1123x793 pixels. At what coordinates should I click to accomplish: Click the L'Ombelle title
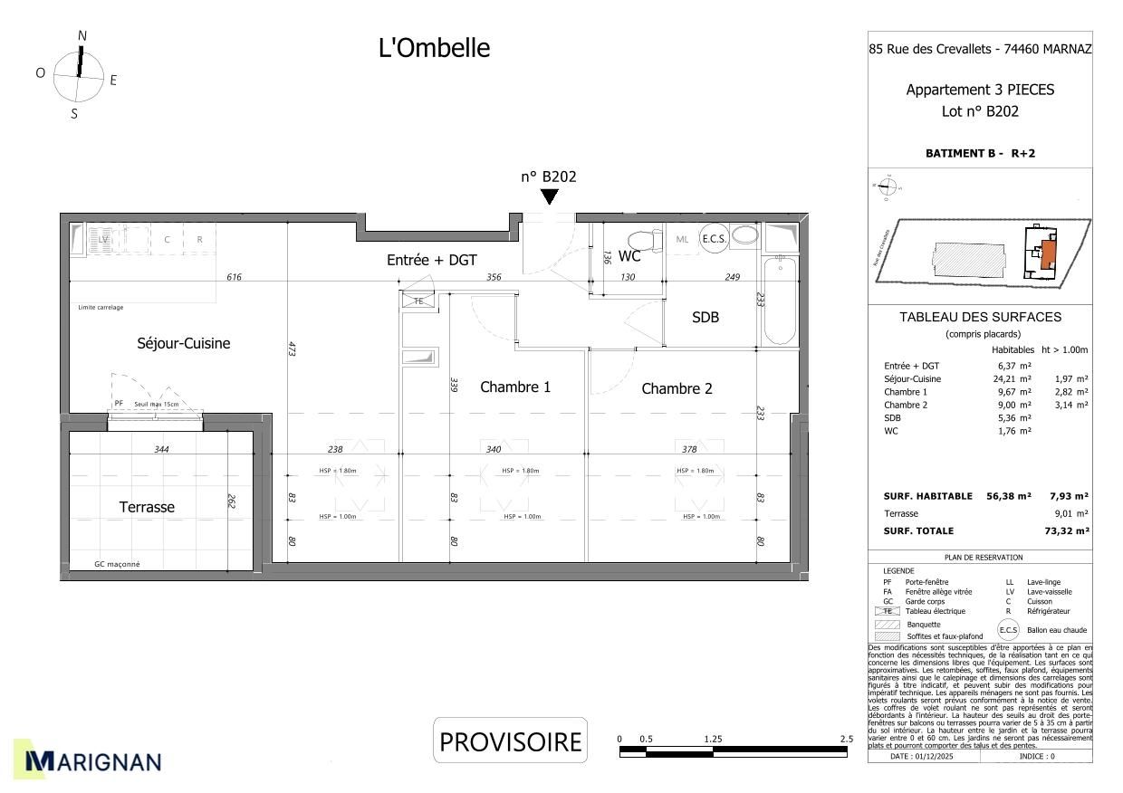click(434, 49)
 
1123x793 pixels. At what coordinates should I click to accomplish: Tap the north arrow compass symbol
click(79, 74)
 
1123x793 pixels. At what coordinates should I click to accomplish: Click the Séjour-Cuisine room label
click(183, 344)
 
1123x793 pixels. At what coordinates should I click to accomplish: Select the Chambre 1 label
click(514, 387)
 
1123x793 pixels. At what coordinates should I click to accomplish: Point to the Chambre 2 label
click(677, 389)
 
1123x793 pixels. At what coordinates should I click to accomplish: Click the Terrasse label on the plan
click(147, 508)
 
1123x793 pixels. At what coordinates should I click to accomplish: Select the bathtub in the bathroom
click(779, 301)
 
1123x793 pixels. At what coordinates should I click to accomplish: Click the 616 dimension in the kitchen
click(234, 277)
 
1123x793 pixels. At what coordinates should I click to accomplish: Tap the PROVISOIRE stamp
click(510, 741)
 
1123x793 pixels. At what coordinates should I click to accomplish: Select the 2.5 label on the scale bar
click(846, 740)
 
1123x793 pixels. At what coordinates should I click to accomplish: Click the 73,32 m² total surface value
click(1066, 531)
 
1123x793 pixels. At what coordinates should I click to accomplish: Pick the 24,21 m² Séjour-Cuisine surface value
click(1013, 378)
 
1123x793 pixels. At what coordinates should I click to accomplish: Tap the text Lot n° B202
click(980, 111)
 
